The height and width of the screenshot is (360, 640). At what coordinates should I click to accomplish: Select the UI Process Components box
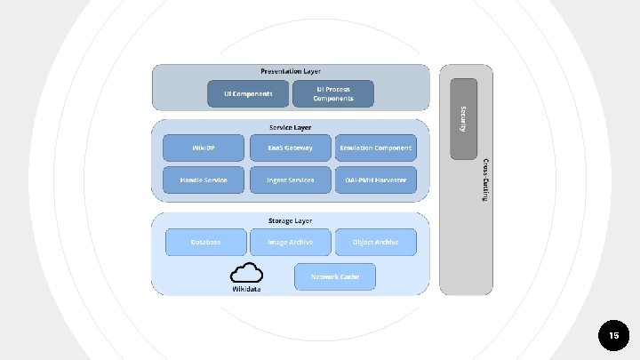click(333, 93)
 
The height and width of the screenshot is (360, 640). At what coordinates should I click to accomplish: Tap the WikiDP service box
click(204, 148)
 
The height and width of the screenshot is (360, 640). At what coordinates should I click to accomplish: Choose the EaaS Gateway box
click(290, 148)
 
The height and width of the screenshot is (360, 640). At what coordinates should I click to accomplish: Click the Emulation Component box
click(375, 148)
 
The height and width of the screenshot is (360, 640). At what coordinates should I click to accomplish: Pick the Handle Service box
click(204, 180)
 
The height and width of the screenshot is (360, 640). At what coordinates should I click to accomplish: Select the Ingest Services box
click(290, 180)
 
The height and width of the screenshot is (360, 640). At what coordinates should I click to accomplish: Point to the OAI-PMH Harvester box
click(375, 180)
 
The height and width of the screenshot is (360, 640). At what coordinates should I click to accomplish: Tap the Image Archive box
click(290, 242)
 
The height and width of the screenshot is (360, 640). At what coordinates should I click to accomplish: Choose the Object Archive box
click(375, 242)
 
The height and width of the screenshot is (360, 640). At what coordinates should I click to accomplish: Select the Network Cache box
click(334, 276)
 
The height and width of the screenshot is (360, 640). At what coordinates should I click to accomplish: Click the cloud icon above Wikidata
click(246, 272)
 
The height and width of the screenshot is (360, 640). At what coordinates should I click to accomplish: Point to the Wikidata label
click(246, 289)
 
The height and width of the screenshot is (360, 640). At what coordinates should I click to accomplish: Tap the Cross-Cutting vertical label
click(484, 180)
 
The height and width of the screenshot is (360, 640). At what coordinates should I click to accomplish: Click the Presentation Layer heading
click(291, 70)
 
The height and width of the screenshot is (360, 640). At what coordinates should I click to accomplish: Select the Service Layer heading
click(291, 126)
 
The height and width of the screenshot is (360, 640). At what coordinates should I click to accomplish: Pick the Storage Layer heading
click(291, 220)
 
